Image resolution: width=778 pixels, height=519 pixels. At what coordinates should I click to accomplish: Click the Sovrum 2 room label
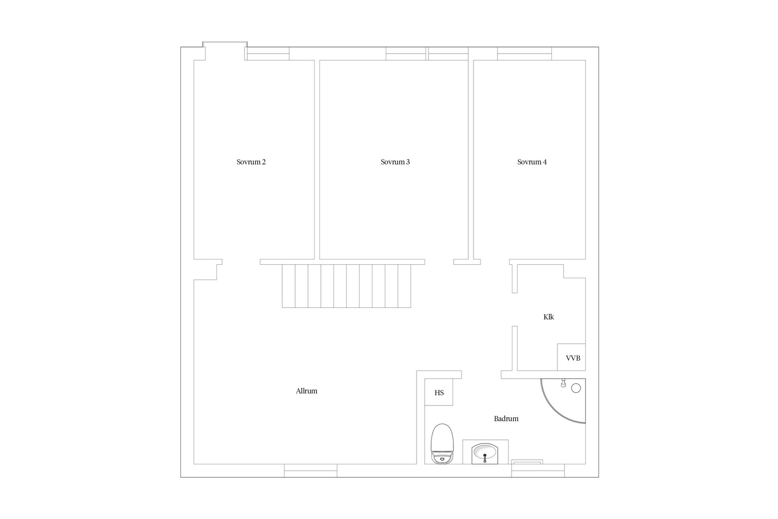tap(251, 162)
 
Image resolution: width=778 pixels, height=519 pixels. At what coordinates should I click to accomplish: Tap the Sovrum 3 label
tap(395, 162)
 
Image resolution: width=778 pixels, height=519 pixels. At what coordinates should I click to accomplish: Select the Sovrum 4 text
tap(532, 162)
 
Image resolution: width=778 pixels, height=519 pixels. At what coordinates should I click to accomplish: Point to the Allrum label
tap(306, 391)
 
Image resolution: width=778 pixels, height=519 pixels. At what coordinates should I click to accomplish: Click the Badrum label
tap(506, 419)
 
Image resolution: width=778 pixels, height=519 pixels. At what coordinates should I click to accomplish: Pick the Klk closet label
tap(549, 317)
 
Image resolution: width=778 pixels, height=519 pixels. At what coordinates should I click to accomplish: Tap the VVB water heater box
tap(571, 357)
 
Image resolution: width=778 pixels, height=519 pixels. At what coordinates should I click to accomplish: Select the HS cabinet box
tap(439, 392)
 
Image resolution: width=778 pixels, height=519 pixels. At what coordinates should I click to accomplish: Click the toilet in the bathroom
tap(442, 444)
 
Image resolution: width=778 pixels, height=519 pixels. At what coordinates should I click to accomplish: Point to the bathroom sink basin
tap(485, 454)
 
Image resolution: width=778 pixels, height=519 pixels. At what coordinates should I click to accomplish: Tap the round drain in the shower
tap(576, 388)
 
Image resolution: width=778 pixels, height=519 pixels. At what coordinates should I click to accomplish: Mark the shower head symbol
tap(563, 383)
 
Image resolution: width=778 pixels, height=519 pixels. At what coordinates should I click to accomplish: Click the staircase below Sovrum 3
tap(346, 286)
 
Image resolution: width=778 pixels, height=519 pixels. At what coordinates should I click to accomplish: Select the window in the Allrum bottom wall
tap(310, 470)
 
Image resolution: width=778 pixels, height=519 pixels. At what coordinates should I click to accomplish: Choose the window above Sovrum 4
tap(524, 54)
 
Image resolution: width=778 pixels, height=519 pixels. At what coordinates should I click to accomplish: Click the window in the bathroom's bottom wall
tap(538, 470)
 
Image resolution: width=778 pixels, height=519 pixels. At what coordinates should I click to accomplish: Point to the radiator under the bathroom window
tap(527, 462)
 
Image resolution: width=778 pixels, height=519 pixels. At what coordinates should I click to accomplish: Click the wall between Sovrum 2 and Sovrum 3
tap(317, 160)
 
